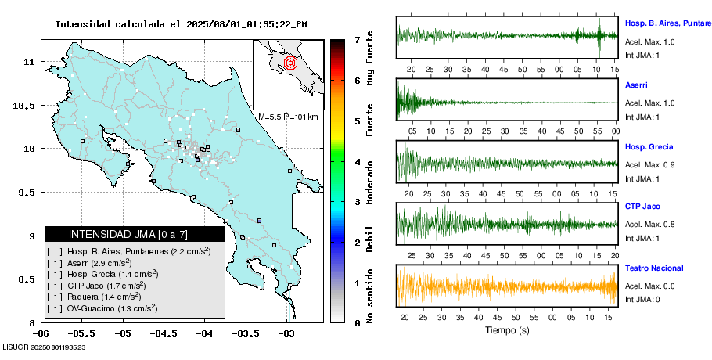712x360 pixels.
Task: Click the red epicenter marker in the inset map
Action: (290, 62)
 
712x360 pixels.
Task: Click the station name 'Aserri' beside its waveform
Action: (636, 84)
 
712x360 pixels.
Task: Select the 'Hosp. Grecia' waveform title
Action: (649, 146)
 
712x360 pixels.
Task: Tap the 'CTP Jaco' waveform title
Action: (643, 207)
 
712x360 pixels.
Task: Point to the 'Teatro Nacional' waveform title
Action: (654, 268)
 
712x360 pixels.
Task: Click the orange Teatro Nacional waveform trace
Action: (507, 286)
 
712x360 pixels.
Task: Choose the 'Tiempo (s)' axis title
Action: (506, 330)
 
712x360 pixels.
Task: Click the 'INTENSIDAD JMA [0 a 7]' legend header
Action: (135, 234)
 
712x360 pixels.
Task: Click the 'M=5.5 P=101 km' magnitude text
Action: (288, 117)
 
